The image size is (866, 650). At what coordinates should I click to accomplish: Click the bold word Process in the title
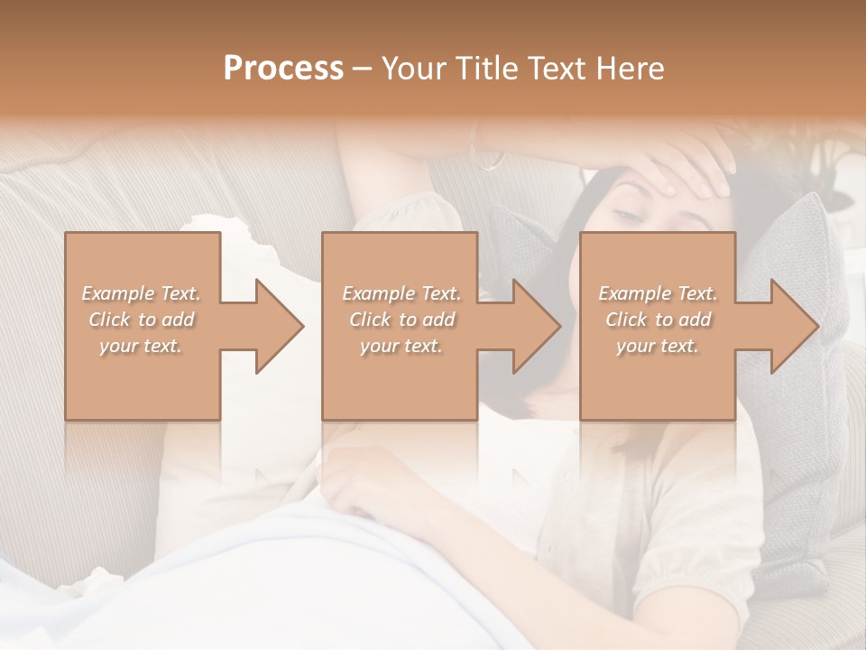283,68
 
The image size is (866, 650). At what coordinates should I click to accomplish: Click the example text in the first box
142,320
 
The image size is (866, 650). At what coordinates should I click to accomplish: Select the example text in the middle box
401,320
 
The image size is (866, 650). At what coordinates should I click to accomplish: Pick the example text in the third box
658,320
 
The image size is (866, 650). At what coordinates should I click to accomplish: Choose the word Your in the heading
410,68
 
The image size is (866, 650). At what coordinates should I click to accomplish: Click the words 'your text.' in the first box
142,346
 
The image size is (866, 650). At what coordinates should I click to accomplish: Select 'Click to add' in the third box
658,320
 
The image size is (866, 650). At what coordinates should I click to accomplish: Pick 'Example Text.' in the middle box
401,293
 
